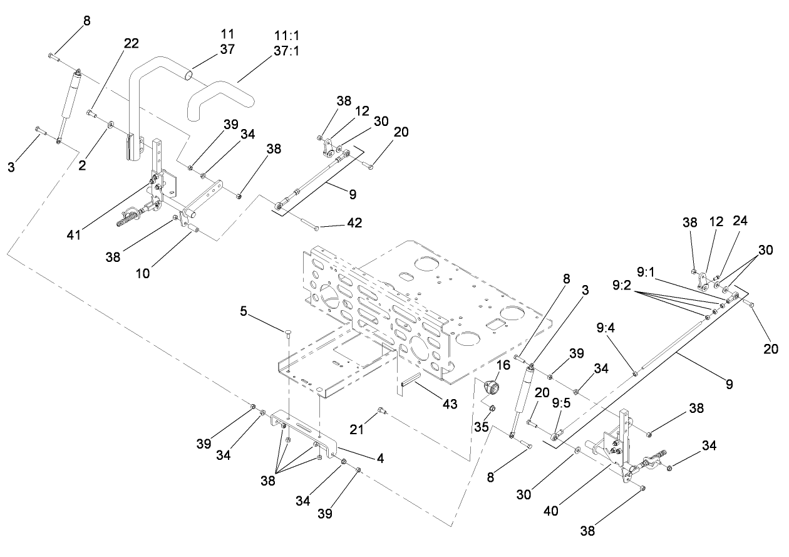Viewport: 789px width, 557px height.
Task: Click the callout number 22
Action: (x=131, y=43)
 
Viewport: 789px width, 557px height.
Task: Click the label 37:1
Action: (x=286, y=51)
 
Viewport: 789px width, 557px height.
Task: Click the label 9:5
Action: (x=562, y=403)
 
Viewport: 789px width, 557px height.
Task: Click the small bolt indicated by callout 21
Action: (x=381, y=411)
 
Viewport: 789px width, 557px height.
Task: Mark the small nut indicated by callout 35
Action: (x=492, y=409)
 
